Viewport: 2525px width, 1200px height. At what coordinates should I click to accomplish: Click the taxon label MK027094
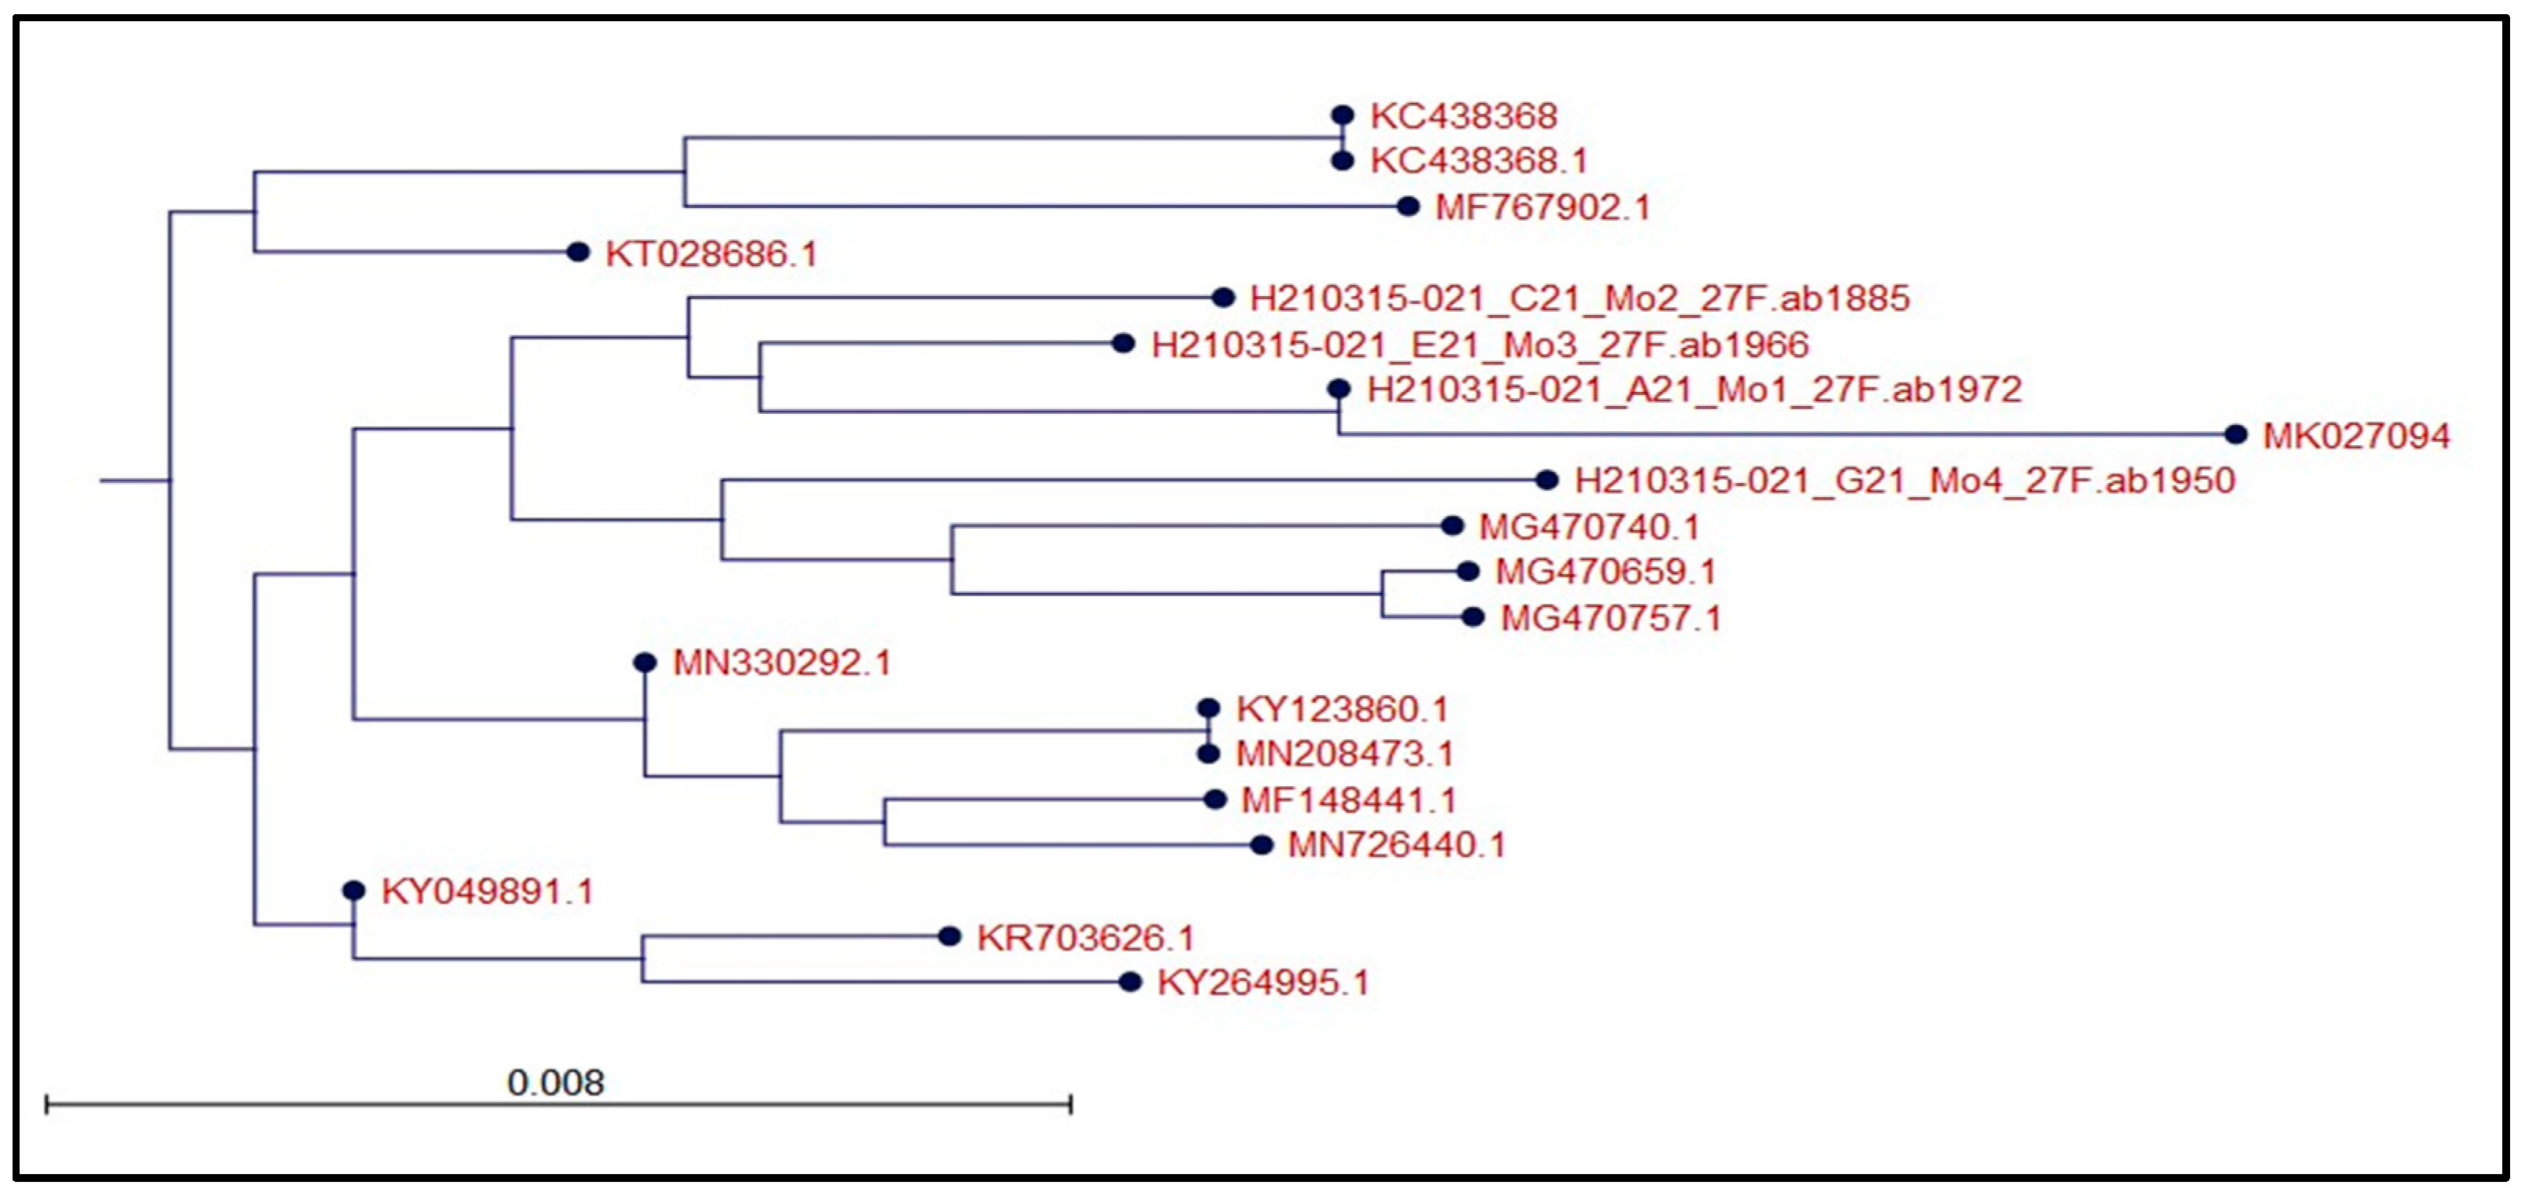pos(2355,437)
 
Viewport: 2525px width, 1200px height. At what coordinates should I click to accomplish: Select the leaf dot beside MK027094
pos(2234,434)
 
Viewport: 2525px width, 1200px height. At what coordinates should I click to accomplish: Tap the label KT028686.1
pos(711,254)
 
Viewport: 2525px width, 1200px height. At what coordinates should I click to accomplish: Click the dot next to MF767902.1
pos(1408,206)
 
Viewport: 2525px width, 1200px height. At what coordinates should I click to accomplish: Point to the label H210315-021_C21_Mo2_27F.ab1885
pos(1579,298)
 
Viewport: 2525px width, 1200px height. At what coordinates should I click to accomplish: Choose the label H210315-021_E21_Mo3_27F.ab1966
pos(1479,345)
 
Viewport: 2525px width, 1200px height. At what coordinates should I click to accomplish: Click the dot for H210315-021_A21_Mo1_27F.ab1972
pos(1339,390)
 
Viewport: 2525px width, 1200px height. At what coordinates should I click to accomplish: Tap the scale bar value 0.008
pos(555,1082)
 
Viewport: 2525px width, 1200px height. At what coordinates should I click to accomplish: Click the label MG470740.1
pos(1588,528)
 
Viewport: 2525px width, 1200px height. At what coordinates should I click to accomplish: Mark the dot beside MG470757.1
pos(1472,616)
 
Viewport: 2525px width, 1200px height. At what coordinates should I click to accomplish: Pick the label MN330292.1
pos(781,663)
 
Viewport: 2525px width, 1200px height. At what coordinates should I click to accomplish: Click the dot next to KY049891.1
pos(354,891)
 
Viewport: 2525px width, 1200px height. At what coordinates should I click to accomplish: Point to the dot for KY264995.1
pos(1130,982)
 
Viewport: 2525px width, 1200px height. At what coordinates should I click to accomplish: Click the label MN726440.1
pos(1395,844)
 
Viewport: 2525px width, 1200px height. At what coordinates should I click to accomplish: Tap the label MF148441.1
pos(1348,800)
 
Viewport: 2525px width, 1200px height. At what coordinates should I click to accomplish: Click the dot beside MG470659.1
pos(1467,571)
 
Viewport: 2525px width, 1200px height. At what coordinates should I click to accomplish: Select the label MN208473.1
pos(1344,754)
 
